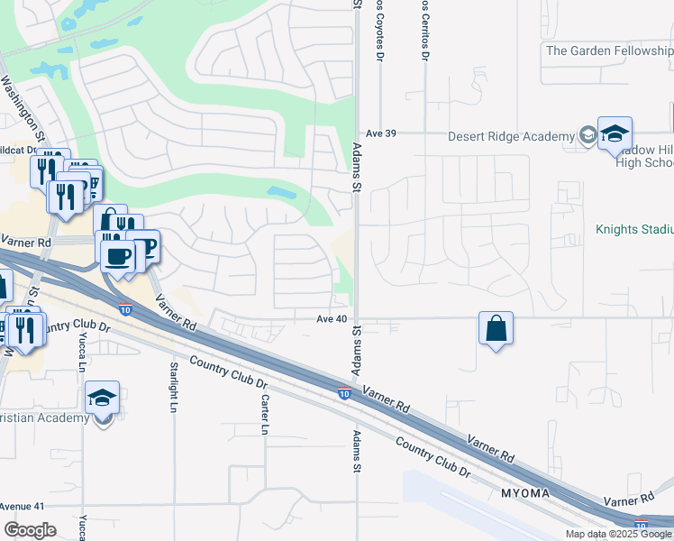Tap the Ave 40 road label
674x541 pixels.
click(332, 319)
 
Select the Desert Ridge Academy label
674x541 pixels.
click(511, 137)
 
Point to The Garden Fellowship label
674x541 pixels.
click(609, 50)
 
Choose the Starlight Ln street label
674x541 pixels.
click(173, 387)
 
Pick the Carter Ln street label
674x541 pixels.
click(265, 415)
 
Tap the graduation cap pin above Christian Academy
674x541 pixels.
click(103, 397)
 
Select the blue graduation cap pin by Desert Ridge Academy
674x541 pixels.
click(615, 134)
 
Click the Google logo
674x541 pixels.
click(30, 530)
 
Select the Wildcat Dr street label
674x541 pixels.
click(18, 151)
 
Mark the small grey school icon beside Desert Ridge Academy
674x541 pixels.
click(587, 136)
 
